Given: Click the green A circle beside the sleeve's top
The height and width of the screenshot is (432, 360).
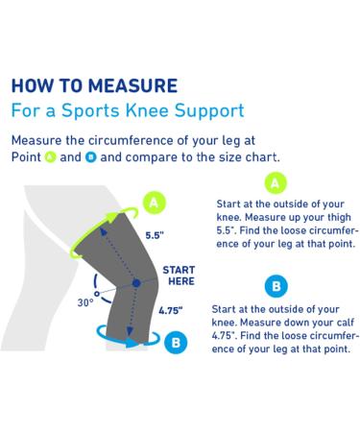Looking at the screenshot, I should pos(154,202).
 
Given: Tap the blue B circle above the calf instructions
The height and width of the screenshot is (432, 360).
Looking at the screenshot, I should pos(275,286).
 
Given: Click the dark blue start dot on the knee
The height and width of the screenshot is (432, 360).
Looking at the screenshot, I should pos(136,283).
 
